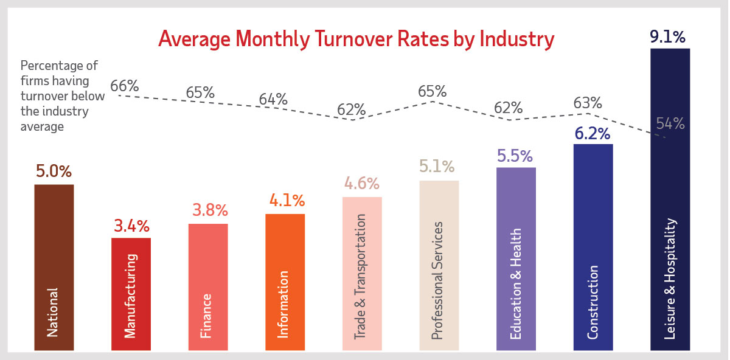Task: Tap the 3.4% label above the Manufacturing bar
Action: (131, 226)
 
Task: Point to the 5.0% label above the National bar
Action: (54, 171)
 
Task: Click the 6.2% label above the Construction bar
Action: (593, 133)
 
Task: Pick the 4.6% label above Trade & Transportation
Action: (362, 183)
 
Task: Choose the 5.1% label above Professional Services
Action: (439, 167)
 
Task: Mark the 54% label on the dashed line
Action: (670, 123)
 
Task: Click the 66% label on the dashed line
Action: (125, 86)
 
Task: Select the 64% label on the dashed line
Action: (273, 99)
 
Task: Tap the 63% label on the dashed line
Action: (588, 103)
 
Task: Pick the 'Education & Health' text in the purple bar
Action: (516, 284)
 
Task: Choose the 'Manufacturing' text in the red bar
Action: (131, 296)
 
